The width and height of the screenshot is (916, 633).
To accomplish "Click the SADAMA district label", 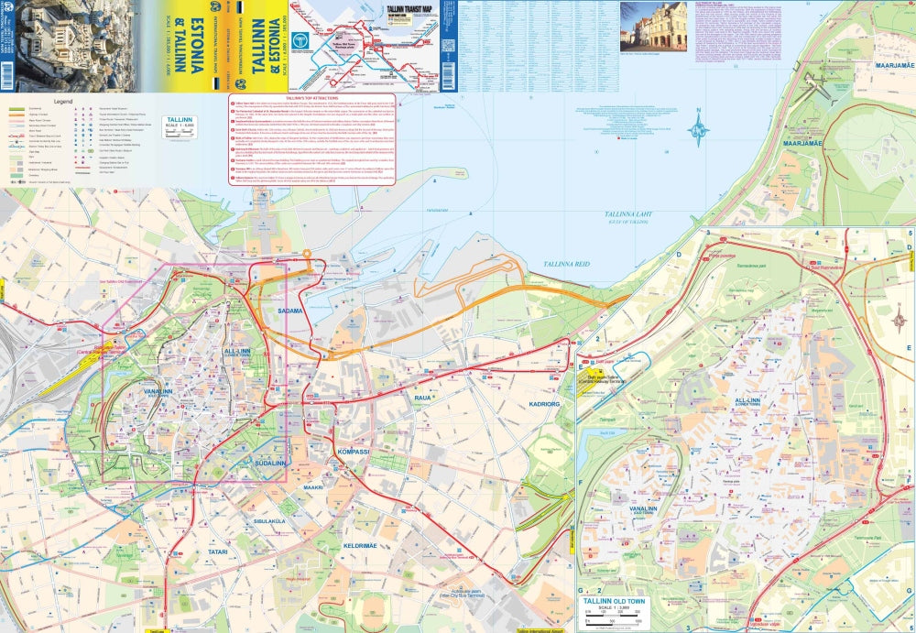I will pyautogui.click(x=289, y=311).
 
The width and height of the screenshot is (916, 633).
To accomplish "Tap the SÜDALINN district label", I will pyautogui.click(x=271, y=464).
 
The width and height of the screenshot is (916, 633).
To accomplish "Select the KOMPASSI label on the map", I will pyautogui.click(x=354, y=452).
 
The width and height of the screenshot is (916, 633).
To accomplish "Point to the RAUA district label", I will pyautogui.click(x=422, y=398).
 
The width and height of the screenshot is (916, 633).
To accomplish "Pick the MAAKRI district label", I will pyautogui.click(x=314, y=486).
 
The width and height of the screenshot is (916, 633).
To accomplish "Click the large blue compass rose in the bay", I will pyautogui.click(x=699, y=130).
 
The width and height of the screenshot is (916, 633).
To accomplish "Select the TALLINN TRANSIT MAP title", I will pyautogui.click(x=407, y=12).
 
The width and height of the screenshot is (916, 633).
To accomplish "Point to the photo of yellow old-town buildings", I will pyautogui.click(x=653, y=26).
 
